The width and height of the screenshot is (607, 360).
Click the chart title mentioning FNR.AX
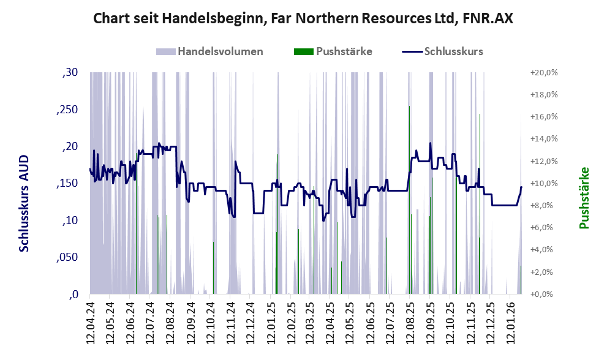[303, 18]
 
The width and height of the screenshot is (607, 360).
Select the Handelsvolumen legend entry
[220, 51]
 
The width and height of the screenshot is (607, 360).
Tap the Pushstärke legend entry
[344, 51]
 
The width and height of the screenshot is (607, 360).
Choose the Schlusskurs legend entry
[453, 51]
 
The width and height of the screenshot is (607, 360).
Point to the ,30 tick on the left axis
[70, 72]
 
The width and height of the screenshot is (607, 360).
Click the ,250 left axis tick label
[67, 110]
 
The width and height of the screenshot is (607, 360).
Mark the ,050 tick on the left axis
[67, 257]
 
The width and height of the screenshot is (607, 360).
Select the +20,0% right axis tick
[545, 72]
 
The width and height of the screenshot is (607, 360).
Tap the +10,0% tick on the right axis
[545, 183]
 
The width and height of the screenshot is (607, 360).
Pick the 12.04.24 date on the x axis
[90, 322]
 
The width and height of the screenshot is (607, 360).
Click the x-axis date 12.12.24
[250, 322]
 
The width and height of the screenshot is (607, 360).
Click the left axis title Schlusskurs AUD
[25, 203]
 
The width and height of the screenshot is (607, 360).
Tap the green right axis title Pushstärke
[584, 198]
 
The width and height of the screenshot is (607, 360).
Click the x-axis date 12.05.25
[349, 322]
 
